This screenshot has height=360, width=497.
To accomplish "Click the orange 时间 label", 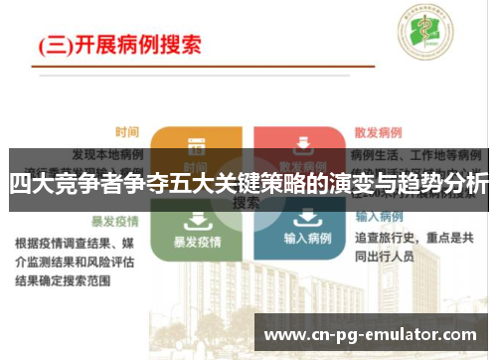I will pyautogui.click(x=126, y=131).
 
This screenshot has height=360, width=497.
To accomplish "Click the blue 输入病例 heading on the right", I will pyautogui.click(x=378, y=217).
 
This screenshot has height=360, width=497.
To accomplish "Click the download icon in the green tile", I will pyautogui.click(x=196, y=219).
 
